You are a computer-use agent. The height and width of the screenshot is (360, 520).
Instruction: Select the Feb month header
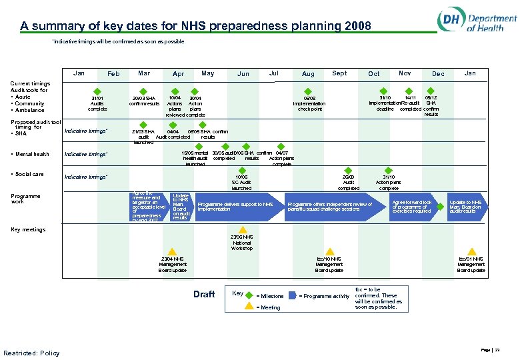coord(113,74)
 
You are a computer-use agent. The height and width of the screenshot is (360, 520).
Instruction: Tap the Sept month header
coord(339,73)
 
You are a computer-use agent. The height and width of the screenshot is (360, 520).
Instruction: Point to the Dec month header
coord(438,74)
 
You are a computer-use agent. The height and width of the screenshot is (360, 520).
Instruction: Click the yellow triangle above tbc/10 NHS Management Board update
coord(329,251)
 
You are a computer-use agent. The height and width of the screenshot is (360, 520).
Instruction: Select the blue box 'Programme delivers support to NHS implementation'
coord(235,206)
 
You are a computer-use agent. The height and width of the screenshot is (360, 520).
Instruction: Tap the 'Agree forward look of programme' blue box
coord(413,206)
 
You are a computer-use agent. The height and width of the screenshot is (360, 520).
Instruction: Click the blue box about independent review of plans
coord(331,206)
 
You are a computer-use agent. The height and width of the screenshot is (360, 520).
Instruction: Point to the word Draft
coord(204,294)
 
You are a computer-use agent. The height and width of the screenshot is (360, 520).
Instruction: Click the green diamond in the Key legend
coord(249,295)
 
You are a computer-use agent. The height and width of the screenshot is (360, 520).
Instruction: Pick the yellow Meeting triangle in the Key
coord(249,307)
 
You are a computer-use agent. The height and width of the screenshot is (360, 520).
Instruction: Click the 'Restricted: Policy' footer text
coord(31,353)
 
